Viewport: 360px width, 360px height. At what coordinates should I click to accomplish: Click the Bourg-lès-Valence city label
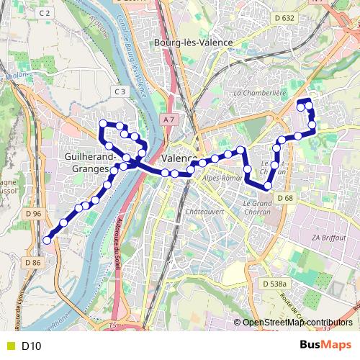pos(193,42)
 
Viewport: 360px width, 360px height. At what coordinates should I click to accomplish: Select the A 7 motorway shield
pos(168,119)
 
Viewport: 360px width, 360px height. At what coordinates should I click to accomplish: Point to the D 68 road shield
pos(286,198)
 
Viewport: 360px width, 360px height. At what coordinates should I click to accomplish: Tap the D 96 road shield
pos(33,213)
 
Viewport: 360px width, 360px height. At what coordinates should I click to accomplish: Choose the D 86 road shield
pos(33,263)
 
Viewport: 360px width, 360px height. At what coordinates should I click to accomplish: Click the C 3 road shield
pos(120,91)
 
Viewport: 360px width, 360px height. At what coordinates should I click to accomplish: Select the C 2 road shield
pos(45,13)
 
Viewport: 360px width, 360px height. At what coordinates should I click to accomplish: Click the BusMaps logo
pos(325,345)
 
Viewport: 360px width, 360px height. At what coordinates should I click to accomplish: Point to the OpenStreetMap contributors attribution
pos(297,323)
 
